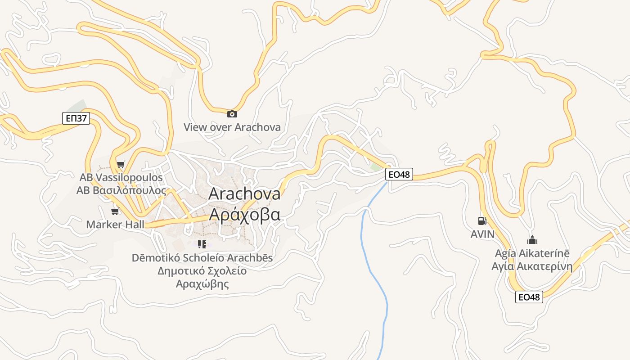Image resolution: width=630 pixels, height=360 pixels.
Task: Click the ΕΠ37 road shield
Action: point(76,119)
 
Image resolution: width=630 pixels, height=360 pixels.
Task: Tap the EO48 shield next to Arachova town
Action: point(399,174)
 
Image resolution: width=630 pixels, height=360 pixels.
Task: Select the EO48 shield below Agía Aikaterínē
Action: point(529,297)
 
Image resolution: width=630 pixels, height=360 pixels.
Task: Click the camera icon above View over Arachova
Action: point(232,114)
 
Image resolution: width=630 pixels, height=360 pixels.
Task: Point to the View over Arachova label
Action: point(232,127)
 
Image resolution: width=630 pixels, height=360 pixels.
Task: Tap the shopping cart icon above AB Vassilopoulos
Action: point(121,164)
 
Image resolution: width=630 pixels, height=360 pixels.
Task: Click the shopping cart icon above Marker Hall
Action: point(115,211)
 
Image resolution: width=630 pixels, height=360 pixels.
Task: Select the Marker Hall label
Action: point(115,224)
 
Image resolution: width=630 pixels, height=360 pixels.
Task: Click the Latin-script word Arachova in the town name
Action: point(245,193)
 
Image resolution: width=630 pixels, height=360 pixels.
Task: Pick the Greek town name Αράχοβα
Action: point(245,214)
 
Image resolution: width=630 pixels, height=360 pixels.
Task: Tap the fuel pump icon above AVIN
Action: point(482,221)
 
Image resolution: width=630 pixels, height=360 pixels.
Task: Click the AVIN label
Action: point(482,234)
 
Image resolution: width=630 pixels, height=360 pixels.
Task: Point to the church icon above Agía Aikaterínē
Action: point(532,240)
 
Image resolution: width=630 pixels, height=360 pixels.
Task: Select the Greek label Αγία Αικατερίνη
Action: point(532,266)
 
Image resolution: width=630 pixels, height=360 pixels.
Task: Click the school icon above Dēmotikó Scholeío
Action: point(202,244)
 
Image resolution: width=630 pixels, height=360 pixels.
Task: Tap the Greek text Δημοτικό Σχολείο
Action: point(202,271)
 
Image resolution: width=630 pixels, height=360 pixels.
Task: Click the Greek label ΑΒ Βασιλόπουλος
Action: point(121,190)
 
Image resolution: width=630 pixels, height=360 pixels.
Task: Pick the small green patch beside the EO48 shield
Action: point(375,167)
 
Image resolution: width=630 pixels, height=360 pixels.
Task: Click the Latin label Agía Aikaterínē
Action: point(532,253)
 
